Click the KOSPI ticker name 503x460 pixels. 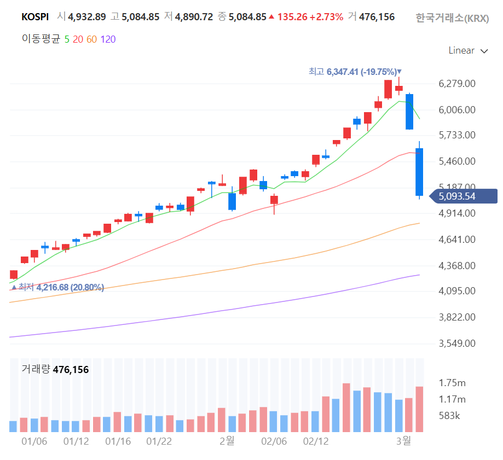35,17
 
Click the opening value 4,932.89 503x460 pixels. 86,17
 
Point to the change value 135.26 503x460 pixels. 292,17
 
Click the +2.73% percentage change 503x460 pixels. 326,17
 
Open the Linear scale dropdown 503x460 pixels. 467,51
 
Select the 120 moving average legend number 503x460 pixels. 108,39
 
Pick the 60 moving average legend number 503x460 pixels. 91,39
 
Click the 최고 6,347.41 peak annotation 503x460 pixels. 355,72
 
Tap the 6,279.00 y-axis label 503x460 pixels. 456,84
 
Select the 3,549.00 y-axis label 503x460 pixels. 456,343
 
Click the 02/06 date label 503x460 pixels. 274,441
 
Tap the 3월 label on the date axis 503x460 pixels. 403,441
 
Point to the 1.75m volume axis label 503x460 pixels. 452,383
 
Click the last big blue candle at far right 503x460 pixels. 419,172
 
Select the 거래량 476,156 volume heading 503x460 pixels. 55,370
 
